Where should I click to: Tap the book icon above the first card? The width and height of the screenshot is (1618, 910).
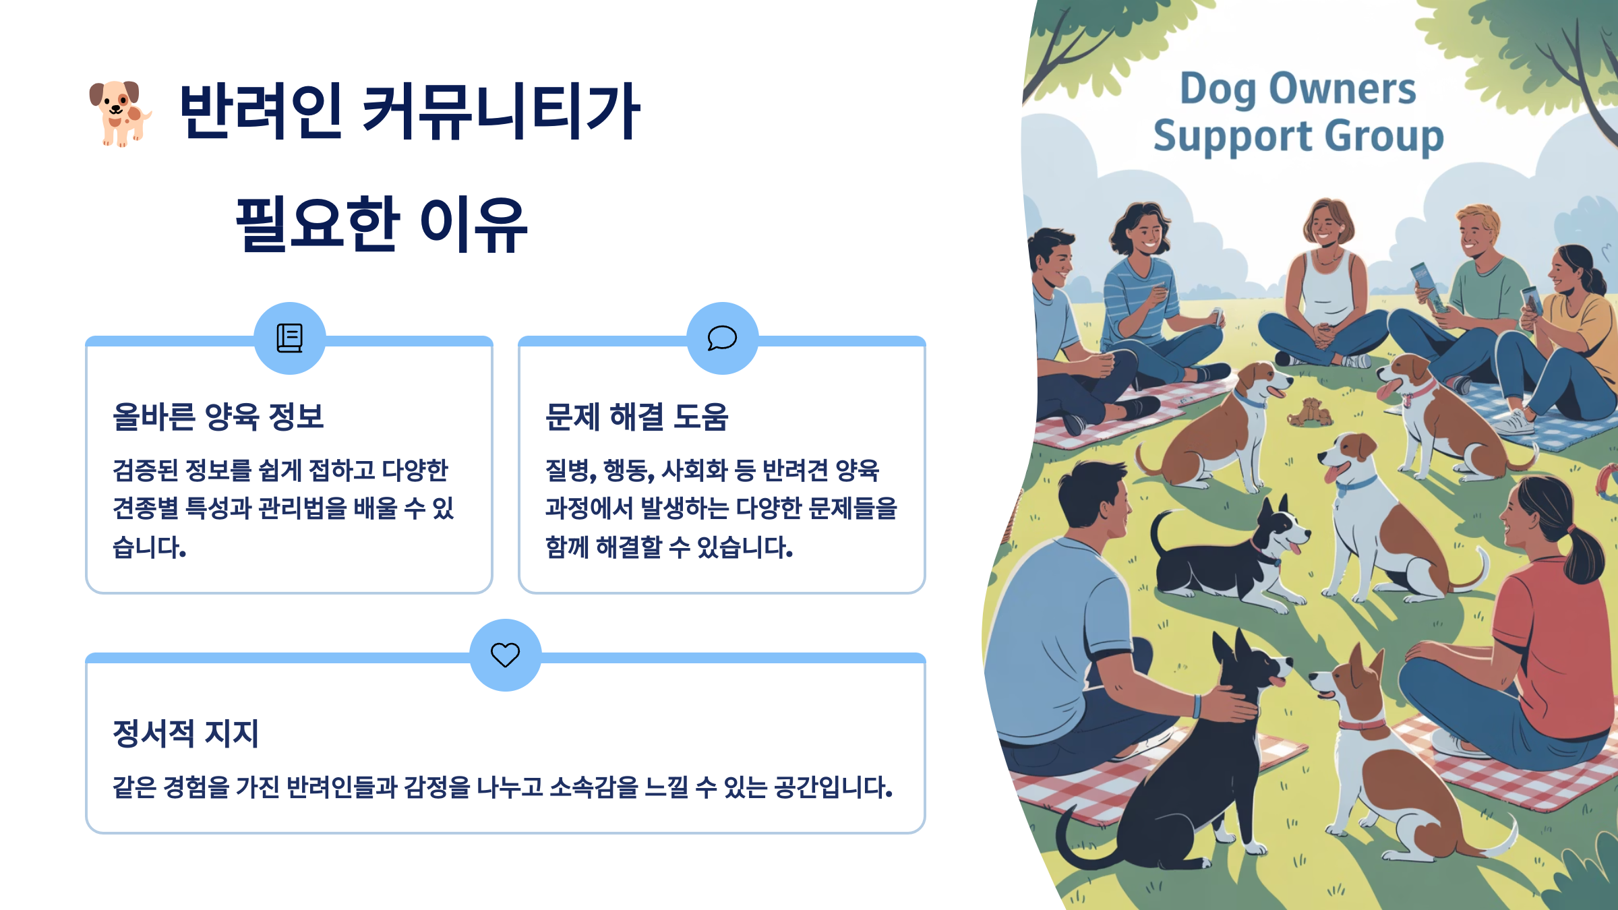tap(290, 338)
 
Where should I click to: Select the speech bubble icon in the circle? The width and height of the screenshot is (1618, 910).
tap(722, 338)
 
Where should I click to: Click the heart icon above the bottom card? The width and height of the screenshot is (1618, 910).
tap(505, 655)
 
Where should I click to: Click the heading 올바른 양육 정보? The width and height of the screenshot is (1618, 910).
tap(218, 417)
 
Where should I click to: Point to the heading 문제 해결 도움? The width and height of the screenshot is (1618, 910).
tap(636, 417)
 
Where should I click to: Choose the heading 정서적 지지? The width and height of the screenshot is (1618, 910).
tap(186, 733)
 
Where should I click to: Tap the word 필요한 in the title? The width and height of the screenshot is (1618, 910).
tap(318, 224)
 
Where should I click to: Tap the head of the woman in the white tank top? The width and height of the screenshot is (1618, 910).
tap(1326, 222)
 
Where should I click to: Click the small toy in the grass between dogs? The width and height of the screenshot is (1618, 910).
tap(1309, 412)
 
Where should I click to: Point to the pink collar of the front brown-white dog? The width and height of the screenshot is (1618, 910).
tap(1361, 725)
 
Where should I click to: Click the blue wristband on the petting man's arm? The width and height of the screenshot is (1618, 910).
tap(1197, 706)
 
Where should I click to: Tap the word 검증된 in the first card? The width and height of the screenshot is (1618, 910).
tap(145, 471)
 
